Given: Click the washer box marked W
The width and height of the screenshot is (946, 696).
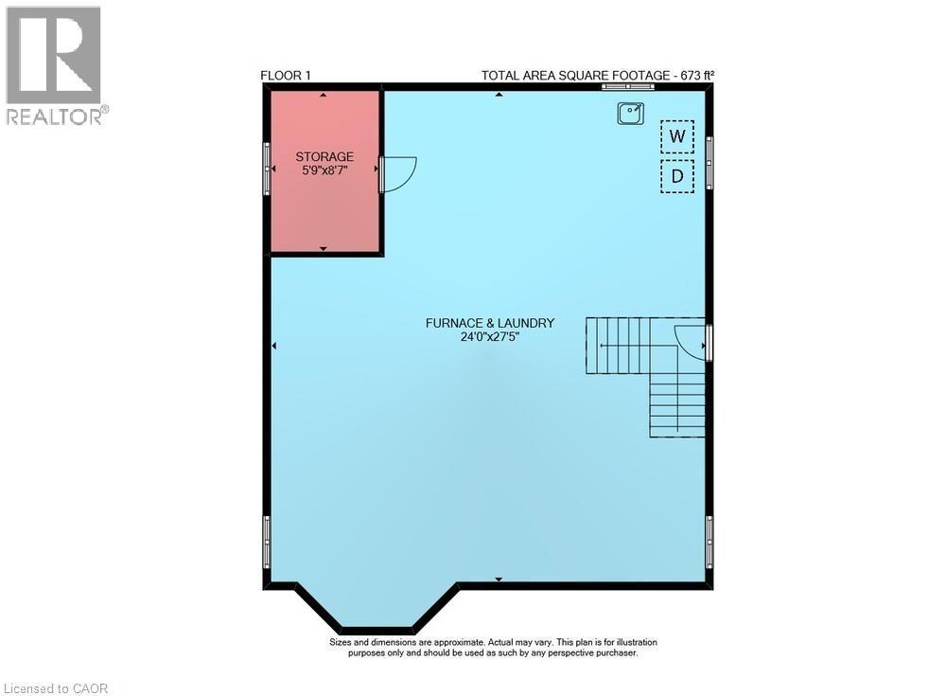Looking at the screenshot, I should tap(676, 136).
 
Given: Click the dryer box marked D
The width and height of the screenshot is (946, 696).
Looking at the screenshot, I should tap(676, 176).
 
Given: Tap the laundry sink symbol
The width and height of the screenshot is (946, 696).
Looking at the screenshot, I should tap(631, 114).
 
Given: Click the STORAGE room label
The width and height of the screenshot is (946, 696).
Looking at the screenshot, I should tap(324, 156).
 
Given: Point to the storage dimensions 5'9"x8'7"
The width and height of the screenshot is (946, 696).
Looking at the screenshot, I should tap(324, 171).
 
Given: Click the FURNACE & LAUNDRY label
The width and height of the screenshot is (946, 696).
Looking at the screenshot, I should tap(489, 323).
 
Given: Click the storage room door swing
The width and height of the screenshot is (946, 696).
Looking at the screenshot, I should tap(397, 172).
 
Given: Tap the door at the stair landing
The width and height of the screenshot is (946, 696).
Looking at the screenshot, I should tap(691, 341).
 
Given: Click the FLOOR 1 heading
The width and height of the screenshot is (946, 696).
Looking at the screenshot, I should tap(286, 76).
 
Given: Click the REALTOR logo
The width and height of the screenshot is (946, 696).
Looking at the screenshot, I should tap(54, 66).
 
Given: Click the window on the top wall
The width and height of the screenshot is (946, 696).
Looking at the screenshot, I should tap(627, 87).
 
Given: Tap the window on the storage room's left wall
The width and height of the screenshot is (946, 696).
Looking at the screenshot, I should tap(267, 170).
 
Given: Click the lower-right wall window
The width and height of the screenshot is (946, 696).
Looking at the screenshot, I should tap(709, 542).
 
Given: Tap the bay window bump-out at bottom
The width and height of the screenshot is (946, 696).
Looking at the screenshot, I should tap(377, 611).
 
